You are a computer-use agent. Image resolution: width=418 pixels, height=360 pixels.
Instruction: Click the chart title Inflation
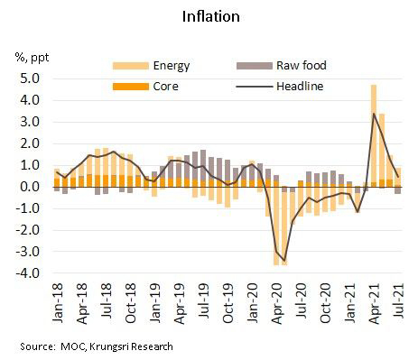(209, 17)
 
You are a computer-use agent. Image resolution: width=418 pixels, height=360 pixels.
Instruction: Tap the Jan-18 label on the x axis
(55, 305)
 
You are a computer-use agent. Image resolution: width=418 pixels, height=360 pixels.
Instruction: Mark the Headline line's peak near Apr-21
(374, 114)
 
